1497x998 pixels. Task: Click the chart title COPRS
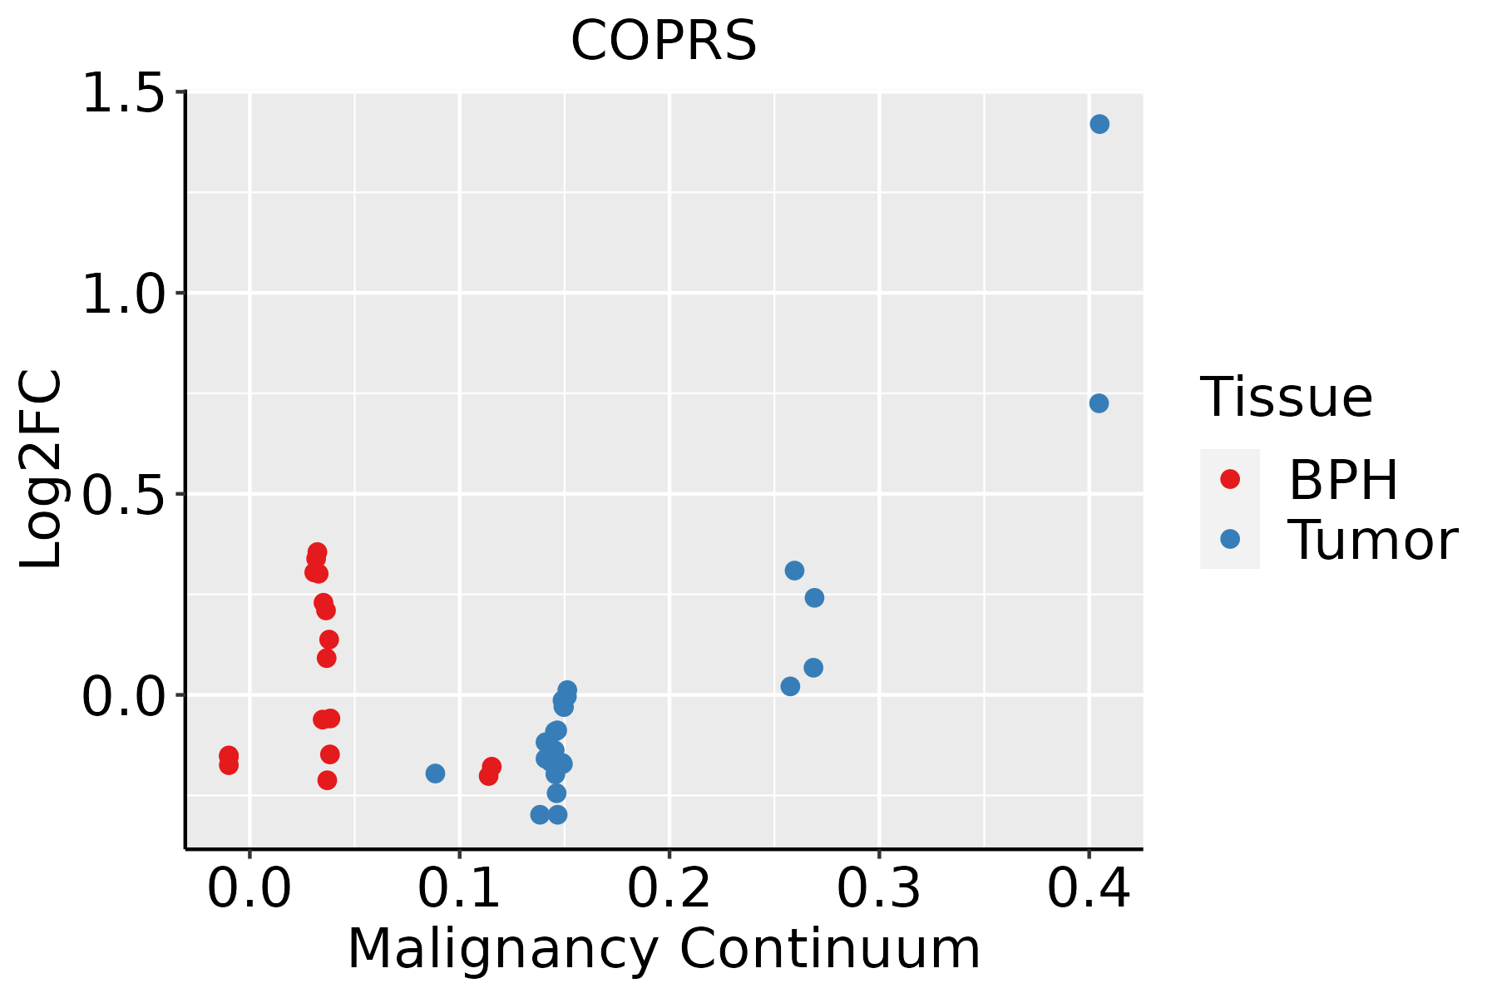pos(664,41)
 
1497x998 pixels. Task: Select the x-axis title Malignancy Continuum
pos(664,949)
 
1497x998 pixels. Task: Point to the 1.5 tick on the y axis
pos(125,93)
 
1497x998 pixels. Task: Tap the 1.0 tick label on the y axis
pos(125,294)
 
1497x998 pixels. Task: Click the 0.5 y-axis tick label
pos(125,495)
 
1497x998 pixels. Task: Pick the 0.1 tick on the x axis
pos(459,889)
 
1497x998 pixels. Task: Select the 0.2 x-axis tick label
pos(669,889)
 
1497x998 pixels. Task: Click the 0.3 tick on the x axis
pos(878,889)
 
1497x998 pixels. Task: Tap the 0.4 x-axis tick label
pos(1088,889)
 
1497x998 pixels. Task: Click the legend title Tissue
pos(1287,398)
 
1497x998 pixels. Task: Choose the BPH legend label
pos(1343,480)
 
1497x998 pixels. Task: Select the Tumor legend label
pos(1372,540)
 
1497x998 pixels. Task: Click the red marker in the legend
pos(1229,479)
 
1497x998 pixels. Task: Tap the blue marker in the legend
pos(1229,539)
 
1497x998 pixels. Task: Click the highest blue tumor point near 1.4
pos(1099,124)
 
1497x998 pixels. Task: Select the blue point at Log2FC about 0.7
pos(1099,403)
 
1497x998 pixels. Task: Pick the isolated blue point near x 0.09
pos(435,773)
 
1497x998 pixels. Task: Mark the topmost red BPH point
pos(317,552)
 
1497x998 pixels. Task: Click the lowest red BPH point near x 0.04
pos(327,780)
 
